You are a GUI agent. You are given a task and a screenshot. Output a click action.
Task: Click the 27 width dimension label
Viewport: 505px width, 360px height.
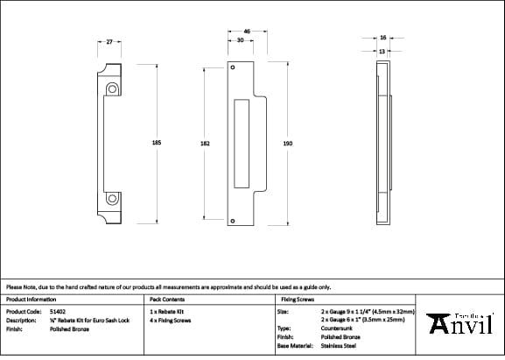pyautogui.click(x=109, y=41)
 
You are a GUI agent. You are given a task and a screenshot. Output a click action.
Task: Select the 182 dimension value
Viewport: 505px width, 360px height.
pyautogui.click(x=205, y=142)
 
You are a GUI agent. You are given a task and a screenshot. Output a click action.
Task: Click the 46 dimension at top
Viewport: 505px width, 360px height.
pyautogui.click(x=248, y=32)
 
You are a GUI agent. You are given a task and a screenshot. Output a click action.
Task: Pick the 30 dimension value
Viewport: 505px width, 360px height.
pyautogui.click(x=240, y=40)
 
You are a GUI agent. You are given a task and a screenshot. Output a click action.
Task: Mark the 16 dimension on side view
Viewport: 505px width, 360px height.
pyautogui.click(x=383, y=38)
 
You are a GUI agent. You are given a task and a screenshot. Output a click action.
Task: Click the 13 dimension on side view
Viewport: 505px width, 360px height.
pyautogui.click(x=383, y=50)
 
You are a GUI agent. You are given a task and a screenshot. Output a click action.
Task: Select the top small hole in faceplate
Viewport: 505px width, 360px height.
pyautogui.click(x=233, y=67)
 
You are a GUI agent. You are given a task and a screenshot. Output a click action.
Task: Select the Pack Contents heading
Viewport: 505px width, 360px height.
pyautogui.click(x=166, y=300)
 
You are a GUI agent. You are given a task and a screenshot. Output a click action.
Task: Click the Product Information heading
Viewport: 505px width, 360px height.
pyautogui.click(x=31, y=300)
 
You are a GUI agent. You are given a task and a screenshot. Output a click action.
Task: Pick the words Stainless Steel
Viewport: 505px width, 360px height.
pyautogui.click(x=338, y=345)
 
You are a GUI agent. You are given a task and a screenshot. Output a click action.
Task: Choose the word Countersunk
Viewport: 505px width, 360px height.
pyautogui.click(x=336, y=328)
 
